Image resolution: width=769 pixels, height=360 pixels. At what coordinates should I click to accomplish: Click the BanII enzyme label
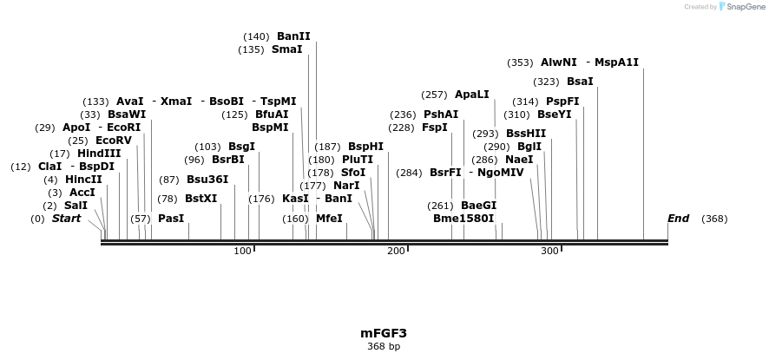pyautogui.click(x=293, y=36)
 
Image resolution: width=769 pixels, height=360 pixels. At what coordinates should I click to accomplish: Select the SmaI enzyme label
pyautogui.click(x=287, y=49)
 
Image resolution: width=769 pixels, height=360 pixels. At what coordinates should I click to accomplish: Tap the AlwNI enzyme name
pyautogui.click(x=558, y=62)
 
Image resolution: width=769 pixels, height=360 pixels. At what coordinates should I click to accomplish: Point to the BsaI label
pyautogui.click(x=580, y=82)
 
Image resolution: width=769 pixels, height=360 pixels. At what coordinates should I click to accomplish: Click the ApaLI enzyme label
pyautogui.click(x=472, y=95)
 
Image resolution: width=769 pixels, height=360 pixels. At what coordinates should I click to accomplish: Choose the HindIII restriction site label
pyautogui.click(x=100, y=154)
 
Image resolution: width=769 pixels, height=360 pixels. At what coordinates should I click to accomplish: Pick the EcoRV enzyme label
pyautogui.click(x=114, y=141)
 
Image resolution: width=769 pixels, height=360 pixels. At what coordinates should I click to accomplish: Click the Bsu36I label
pyautogui.click(x=207, y=180)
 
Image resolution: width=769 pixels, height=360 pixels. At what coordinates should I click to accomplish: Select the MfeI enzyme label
pyautogui.click(x=329, y=219)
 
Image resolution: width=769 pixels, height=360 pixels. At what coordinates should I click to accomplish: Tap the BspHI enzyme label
pyautogui.click(x=365, y=147)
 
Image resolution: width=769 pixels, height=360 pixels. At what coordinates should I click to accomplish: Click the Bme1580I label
pyautogui.click(x=463, y=219)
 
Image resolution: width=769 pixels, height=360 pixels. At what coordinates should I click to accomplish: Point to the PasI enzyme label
pyautogui.click(x=171, y=219)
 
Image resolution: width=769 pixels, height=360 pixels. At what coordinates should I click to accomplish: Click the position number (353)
pyautogui.click(x=520, y=62)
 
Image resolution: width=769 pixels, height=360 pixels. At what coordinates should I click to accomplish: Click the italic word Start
pyautogui.click(x=66, y=219)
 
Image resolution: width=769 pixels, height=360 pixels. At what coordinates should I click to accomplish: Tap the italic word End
pyautogui.click(x=679, y=219)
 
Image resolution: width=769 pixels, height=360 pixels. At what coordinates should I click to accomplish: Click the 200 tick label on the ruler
pyautogui.click(x=397, y=251)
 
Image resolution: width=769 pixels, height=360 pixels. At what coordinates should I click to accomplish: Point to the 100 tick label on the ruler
pyautogui.click(x=242, y=251)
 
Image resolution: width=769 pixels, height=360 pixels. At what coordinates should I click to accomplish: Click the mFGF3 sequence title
pyautogui.click(x=384, y=333)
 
